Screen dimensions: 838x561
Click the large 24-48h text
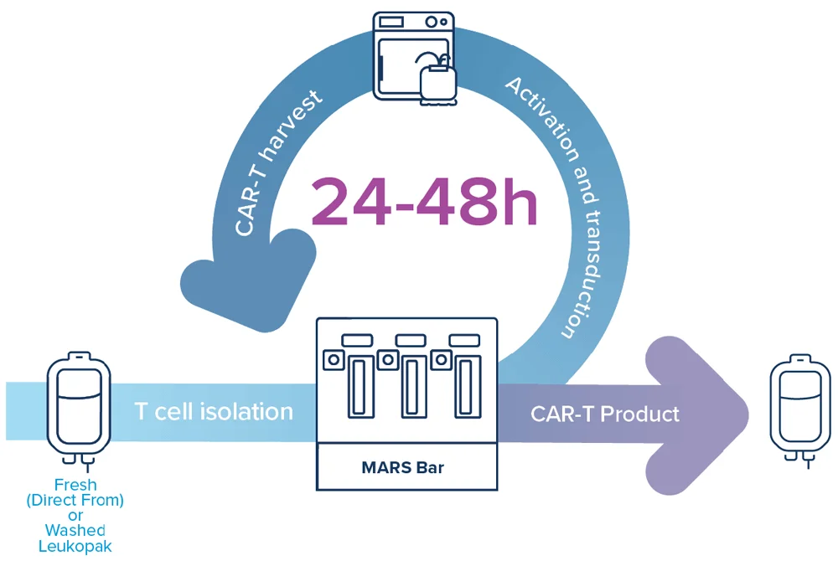[x=424, y=202]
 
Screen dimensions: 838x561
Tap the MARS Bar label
[x=402, y=467]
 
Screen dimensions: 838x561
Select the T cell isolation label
[x=214, y=412]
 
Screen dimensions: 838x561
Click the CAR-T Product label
[x=605, y=414]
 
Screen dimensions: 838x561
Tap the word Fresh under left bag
[x=75, y=485]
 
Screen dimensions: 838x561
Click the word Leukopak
[x=75, y=546]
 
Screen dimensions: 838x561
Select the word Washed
[x=75, y=530]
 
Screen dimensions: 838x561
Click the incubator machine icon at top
[x=415, y=58]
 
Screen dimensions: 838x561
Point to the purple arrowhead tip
[x=747, y=415]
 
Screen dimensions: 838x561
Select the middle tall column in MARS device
[x=411, y=387]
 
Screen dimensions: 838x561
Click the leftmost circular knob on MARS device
[x=334, y=360]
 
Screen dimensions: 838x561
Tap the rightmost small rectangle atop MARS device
[x=464, y=340]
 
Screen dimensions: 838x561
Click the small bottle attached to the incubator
[x=438, y=83]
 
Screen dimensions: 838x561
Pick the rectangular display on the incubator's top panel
[x=391, y=22]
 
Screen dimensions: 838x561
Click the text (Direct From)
[x=75, y=500]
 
